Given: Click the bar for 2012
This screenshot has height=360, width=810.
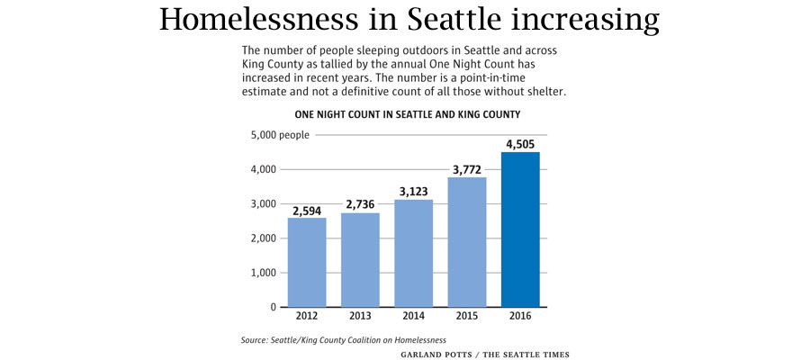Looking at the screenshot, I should pyautogui.click(x=307, y=262).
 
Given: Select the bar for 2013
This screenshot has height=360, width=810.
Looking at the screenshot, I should pyautogui.click(x=360, y=259).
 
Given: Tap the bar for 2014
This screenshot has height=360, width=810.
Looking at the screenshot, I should pyautogui.click(x=413, y=253).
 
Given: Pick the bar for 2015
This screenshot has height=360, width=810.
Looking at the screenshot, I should pyautogui.click(x=466, y=241).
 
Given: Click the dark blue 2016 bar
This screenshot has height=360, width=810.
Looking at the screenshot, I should pyautogui.click(x=520, y=229).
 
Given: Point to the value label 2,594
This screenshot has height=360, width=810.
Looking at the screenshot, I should pyautogui.click(x=307, y=210).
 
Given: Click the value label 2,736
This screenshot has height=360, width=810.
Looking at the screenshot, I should pyautogui.click(x=360, y=204).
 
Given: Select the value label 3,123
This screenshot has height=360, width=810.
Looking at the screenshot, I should pyautogui.click(x=413, y=191).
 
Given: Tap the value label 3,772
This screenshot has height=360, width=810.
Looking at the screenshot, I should pyautogui.click(x=466, y=168).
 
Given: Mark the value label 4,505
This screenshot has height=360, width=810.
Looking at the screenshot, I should pyautogui.click(x=520, y=143).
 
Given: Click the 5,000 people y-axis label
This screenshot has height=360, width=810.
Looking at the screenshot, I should pyautogui.click(x=279, y=135).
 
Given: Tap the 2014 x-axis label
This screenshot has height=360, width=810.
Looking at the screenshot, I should pyautogui.click(x=413, y=317).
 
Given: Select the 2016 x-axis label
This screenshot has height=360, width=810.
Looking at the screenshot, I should pyautogui.click(x=520, y=317).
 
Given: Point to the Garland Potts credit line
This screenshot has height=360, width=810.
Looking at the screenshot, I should pyautogui.click(x=485, y=354).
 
